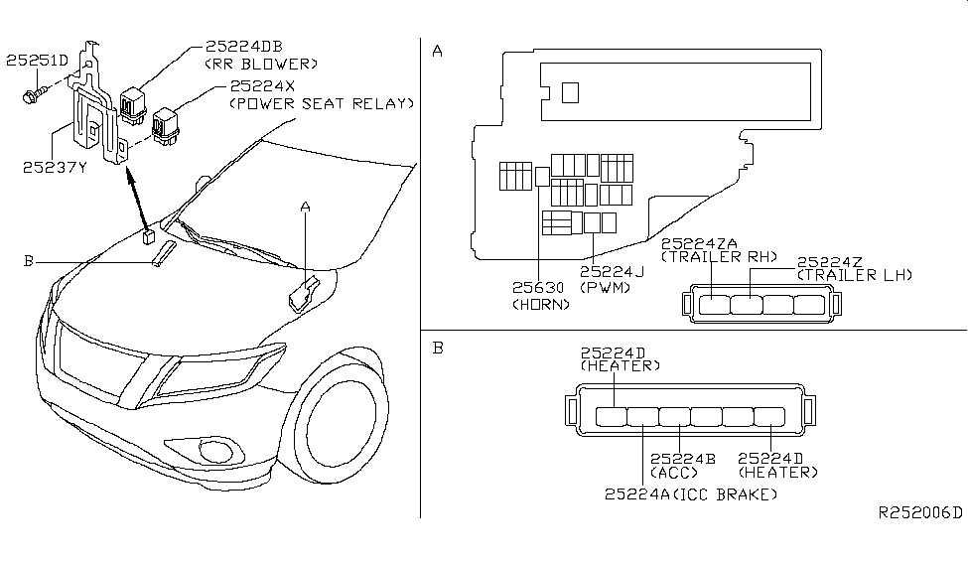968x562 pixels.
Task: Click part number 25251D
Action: click(37, 61)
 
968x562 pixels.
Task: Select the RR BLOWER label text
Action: click(261, 65)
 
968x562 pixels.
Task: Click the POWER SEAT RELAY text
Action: click(322, 103)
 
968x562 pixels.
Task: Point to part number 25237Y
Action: click(55, 168)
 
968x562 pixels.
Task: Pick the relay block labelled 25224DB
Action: click(133, 103)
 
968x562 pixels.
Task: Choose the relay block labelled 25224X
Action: click(166, 126)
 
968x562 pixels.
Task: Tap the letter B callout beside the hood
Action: click(29, 261)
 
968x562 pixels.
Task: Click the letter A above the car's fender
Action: click(305, 207)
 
